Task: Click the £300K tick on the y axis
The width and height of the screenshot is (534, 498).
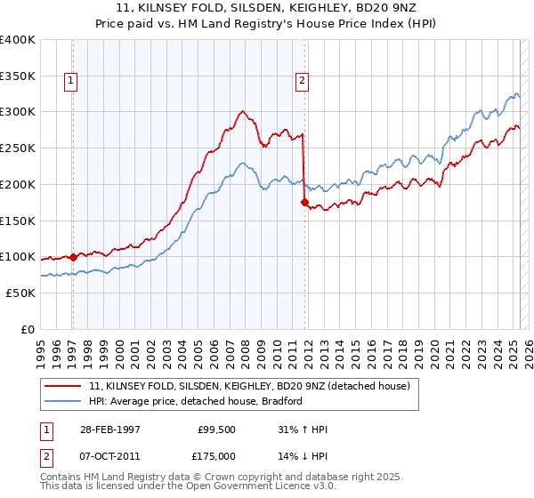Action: tap(18, 112)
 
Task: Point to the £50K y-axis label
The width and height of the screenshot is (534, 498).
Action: tap(20, 293)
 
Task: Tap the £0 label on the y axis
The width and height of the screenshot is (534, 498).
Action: tap(28, 329)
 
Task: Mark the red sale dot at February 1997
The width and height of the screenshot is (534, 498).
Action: tap(73, 256)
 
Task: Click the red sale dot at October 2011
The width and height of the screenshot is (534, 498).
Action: tap(304, 203)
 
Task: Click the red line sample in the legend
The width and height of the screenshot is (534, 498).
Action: tap(63, 386)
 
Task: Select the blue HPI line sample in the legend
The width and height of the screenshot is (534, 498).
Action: tap(63, 401)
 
